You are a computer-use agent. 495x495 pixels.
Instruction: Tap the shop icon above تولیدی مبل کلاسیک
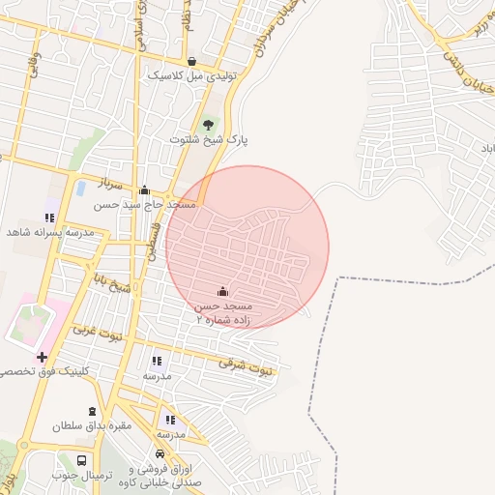[191, 60]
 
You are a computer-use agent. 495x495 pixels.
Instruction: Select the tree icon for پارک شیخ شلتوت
[207, 124]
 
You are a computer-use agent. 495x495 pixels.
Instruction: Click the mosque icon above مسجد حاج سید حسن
[145, 189]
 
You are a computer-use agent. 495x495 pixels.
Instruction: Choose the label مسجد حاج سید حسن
[145, 205]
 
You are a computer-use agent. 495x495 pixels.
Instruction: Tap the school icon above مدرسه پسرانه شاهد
[49, 218]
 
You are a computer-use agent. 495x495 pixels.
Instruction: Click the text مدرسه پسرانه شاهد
[49, 233]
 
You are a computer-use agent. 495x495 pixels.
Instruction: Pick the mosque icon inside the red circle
[222, 291]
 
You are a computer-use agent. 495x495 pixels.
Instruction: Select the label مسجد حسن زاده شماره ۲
[223, 312]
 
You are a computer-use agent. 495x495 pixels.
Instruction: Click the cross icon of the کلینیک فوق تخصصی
[42, 357]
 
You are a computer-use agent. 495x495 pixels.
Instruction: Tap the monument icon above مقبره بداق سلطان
[93, 412]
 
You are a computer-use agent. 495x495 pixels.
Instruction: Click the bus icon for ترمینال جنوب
[82, 461]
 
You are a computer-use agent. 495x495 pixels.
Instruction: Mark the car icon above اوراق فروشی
[160, 453]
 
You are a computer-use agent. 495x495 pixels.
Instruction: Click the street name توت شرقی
[246, 365]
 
